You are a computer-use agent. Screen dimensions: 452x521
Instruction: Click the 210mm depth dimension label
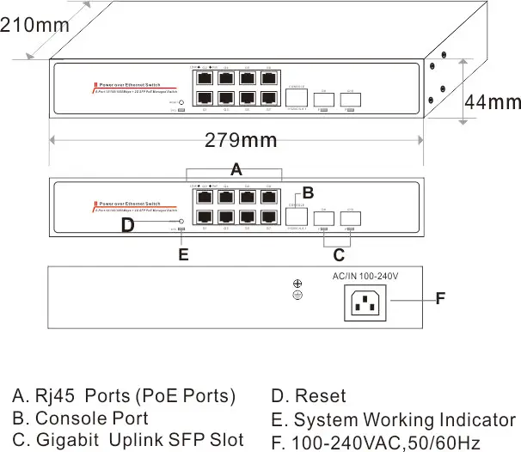tap(34, 25)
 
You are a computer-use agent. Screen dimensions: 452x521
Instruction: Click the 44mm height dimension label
tap(493, 101)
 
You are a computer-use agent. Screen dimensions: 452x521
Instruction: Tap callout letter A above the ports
tap(236, 170)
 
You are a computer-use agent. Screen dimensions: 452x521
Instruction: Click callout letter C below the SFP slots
tap(339, 254)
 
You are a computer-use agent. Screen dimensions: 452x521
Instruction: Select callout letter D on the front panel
tap(127, 225)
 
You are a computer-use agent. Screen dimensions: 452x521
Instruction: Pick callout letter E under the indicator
tap(182, 254)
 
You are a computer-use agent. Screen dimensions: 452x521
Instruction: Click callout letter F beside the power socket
tap(439, 299)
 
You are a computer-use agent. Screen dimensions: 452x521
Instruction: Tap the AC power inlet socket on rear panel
tap(365, 302)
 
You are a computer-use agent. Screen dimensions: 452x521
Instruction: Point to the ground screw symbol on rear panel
tap(297, 290)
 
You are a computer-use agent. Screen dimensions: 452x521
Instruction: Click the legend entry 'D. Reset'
tap(308, 396)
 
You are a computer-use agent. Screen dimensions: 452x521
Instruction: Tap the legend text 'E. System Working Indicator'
tap(393, 419)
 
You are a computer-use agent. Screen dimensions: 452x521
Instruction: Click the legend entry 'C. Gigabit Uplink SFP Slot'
tap(121, 441)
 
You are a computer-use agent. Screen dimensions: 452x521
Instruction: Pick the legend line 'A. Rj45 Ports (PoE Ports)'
tap(123, 396)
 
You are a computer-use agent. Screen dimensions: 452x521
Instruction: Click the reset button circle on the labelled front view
tap(181, 222)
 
